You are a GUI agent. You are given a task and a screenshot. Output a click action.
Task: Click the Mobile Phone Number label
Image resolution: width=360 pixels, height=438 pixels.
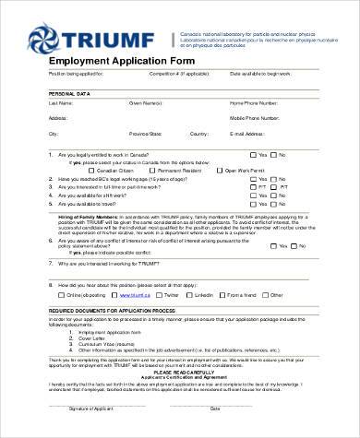255,119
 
